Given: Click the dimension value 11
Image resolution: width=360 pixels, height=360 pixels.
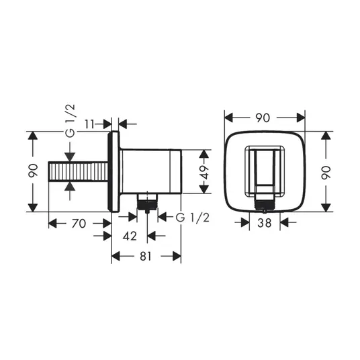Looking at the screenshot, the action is click(x=89, y=124).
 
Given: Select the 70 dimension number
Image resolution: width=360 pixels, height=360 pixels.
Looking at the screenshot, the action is click(x=79, y=224).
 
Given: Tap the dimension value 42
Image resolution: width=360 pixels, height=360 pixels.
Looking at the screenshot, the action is click(x=130, y=236).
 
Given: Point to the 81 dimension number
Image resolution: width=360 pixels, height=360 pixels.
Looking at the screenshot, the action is click(x=146, y=256).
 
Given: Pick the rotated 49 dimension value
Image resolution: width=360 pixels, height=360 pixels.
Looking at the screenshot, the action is click(x=204, y=172).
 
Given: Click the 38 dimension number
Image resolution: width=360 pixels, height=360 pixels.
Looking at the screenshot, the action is click(x=265, y=223).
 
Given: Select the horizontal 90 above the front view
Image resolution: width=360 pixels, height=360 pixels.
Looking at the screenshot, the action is click(x=263, y=118).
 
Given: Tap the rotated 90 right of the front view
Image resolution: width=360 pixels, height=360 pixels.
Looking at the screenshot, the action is click(x=326, y=173).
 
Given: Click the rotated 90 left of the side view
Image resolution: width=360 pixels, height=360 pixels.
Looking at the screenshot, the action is click(x=33, y=171).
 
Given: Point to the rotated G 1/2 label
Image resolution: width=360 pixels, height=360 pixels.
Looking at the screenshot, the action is click(x=71, y=120).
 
